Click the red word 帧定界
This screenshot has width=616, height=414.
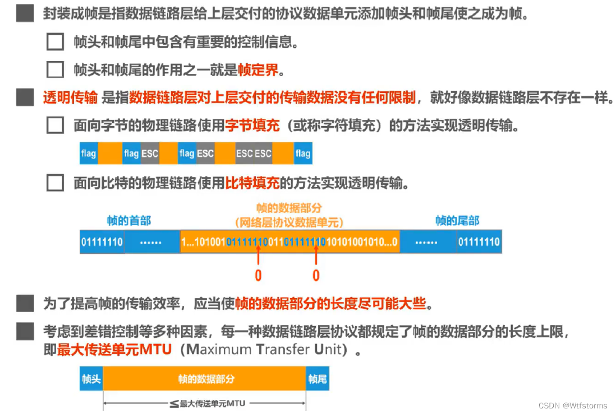pos(259,69)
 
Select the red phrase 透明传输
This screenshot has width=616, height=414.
pos(70,97)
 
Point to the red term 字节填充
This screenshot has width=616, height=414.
pos(252,125)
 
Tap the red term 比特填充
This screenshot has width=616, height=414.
pos(252,183)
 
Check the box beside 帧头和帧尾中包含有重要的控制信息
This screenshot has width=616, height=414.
pos(55,41)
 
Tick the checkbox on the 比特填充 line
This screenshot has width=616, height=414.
pos(55,183)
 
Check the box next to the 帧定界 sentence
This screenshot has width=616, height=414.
pos(55,69)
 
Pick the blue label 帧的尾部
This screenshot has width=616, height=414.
pos(457,220)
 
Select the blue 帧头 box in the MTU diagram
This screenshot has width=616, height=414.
pos(91,379)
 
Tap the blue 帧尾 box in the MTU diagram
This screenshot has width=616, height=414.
pos(318,379)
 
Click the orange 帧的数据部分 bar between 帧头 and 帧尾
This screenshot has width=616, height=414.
pos(204,379)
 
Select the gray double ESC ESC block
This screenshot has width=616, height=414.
pos(254,153)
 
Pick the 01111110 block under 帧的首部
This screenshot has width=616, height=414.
pos(102,243)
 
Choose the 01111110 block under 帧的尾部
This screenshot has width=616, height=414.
pos(479,243)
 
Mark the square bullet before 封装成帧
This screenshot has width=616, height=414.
pos(25,13)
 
